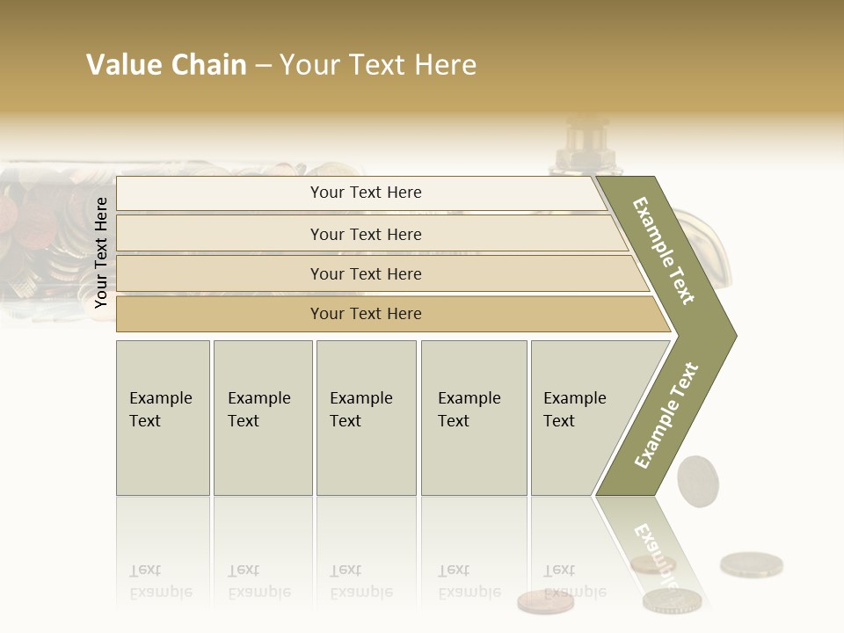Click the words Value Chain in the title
coord(166,65)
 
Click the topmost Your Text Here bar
coord(366,193)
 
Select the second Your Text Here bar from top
coord(366,234)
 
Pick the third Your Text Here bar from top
coord(366,273)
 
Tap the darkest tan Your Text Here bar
coord(366,314)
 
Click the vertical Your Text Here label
coord(101,252)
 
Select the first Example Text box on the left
coord(163,418)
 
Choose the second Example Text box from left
coord(262,418)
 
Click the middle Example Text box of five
coord(366,418)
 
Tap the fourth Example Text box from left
coord(473,418)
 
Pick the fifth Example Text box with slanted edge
coord(580,418)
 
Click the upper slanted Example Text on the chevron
coord(664,251)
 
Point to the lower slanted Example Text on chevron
coord(666,415)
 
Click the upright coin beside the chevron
coord(697,479)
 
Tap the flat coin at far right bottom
coord(751,564)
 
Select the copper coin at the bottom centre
coord(545,601)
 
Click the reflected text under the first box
coord(161,582)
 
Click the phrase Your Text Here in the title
coord(378,65)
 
